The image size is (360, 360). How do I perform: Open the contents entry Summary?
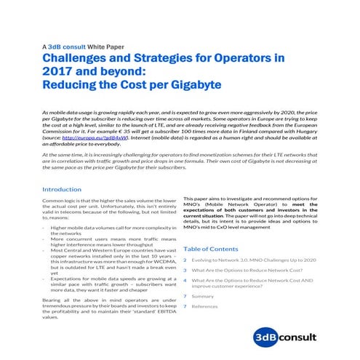[202, 296]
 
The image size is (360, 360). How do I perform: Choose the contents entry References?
[205, 306]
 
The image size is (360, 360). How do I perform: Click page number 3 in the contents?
[185, 270]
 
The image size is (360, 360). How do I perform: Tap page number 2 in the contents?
[185, 259]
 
